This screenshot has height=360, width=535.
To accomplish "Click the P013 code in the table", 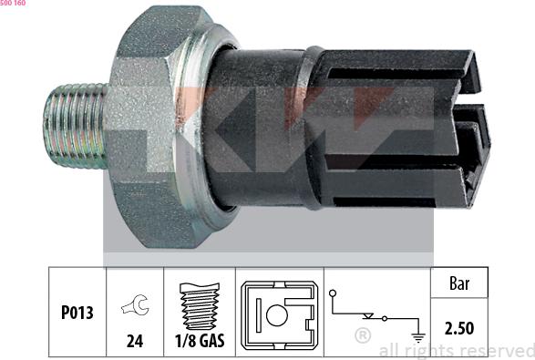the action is pyautogui.click(x=77, y=313).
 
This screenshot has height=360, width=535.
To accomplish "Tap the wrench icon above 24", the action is pyautogui.click(x=135, y=304).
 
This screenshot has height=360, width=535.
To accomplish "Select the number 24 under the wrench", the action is pyautogui.click(x=135, y=341).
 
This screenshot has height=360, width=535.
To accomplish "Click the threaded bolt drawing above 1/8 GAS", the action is pyautogui.click(x=200, y=306).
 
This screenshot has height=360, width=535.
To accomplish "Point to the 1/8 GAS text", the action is pyautogui.click(x=200, y=341).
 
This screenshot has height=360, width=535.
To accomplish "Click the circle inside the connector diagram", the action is pyautogui.click(x=277, y=315).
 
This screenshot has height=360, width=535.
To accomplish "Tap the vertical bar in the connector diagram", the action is pyautogui.click(x=259, y=315).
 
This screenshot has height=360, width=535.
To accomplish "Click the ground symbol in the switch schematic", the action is pyautogui.click(x=418, y=338).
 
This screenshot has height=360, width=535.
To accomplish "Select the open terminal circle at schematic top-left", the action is pyautogui.click(x=333, y=293).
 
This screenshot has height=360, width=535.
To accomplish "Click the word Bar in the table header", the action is pyautogui.click(x=459, y=283).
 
